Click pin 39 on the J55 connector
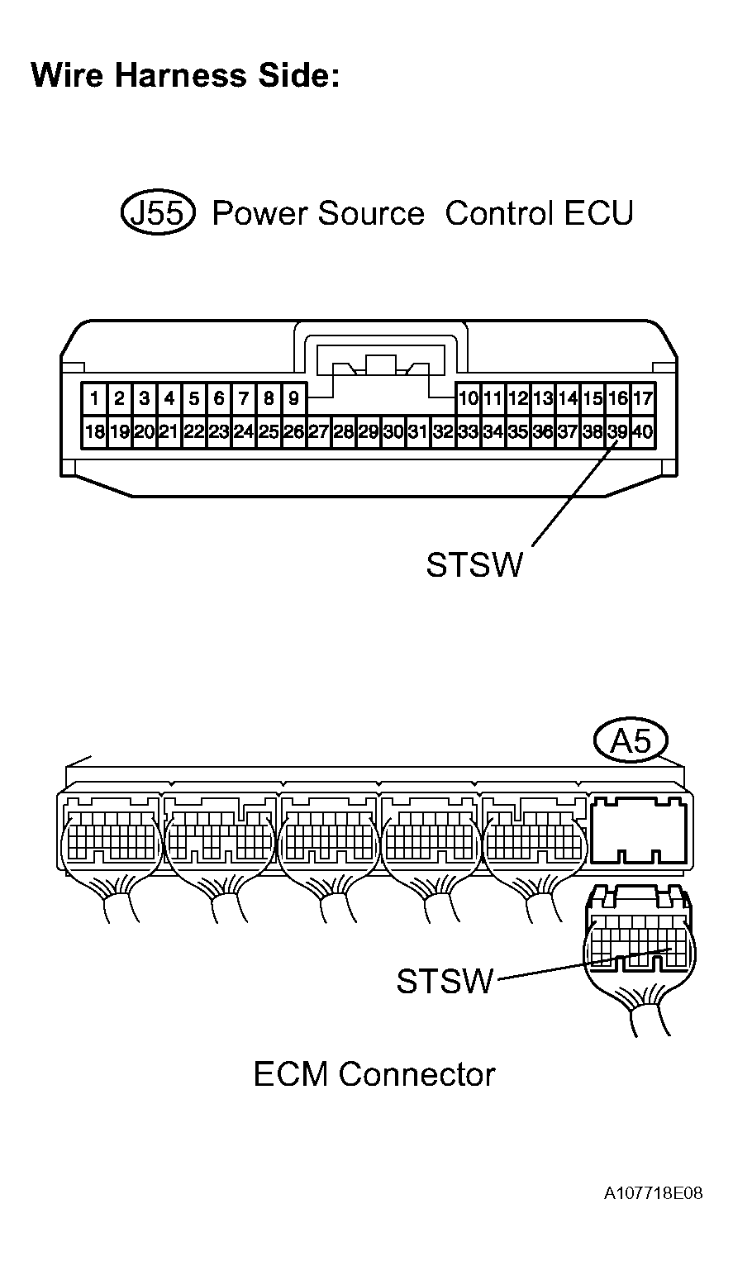pyautogui.click(x=617, y=431)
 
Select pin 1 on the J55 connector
pyautogui.click(x=95, y=399)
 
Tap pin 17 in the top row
pyautogui.click(x=643, y=399)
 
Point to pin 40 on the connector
pyautogui.click(x=643, y=431)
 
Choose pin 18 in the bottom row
pyautogui.click(x=94, y=431)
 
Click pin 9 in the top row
pyautogui.click(x=293, y=399)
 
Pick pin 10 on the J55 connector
pyautogui.click(x=468, y=399)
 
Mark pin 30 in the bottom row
pyautogui.click(x=393, y=431)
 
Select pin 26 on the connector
pyautogui.click(x=293, y=431)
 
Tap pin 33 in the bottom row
pyautogui.click(x=468, y=431)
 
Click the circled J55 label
pyautogui.click(x=158, y=213)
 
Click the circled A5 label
pyautogui.click(x=631, y=741)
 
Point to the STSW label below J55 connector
pyautogui.click(x=474, y=565)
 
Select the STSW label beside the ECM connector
pyautogui.click(x=445, y=982)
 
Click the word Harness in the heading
pyautogui.click(x=180, y=76)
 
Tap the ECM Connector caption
pyautogui.click(x=374, y=1074)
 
